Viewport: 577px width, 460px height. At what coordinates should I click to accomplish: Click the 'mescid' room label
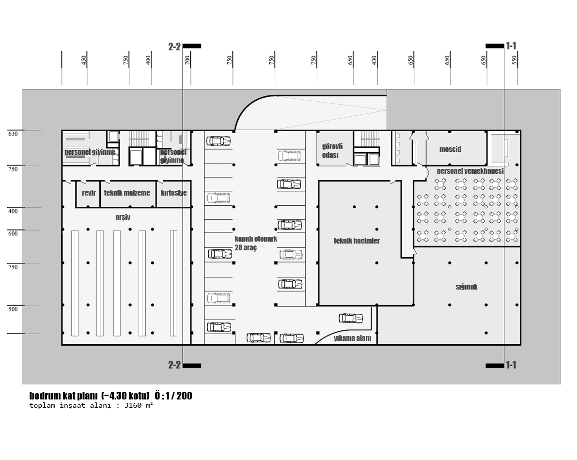point(450,149)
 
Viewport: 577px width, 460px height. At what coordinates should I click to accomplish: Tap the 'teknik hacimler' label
point(357,241)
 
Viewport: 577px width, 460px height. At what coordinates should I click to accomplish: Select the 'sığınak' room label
point(467,287)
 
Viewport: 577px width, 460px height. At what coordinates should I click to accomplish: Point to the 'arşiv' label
point(123,217)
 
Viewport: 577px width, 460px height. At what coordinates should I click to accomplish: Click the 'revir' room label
point(89,193)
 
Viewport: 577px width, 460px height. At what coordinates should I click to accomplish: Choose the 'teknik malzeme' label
point(127,193)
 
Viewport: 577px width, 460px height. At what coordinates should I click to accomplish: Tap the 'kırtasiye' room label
point(174,193)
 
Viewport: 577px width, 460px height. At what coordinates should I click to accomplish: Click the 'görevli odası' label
point(332,151)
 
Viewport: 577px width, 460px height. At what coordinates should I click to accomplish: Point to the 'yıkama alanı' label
point(353,338)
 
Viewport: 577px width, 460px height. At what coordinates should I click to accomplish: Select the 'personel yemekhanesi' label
point(470,171)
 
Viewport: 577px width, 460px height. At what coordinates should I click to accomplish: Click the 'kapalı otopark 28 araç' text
point(256,243)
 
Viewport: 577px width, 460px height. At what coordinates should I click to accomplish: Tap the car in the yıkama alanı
point(351,318)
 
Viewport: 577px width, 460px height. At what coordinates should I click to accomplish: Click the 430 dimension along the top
point(374,60)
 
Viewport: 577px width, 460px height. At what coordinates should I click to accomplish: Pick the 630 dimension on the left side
point(13,134)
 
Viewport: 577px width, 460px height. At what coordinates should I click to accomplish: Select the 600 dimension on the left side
point(13,233)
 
